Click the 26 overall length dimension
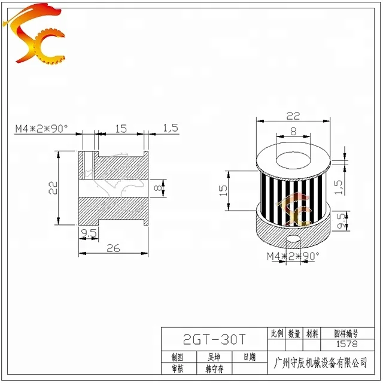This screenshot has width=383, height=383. [x=113, y=249]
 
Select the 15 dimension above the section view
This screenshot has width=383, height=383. [x=121, y=129]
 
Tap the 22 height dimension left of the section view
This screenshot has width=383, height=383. [x=53, y=188]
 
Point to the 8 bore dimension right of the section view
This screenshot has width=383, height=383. [x=158, y=188]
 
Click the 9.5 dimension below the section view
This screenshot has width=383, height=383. [x=89, y=233]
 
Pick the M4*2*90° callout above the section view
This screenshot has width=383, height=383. [x=41, y=129]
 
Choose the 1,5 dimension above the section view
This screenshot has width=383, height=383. [x=171, y=127]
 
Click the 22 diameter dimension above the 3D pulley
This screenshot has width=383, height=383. [x=293, y=115]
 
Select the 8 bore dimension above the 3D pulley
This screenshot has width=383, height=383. [x=293, y=132]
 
